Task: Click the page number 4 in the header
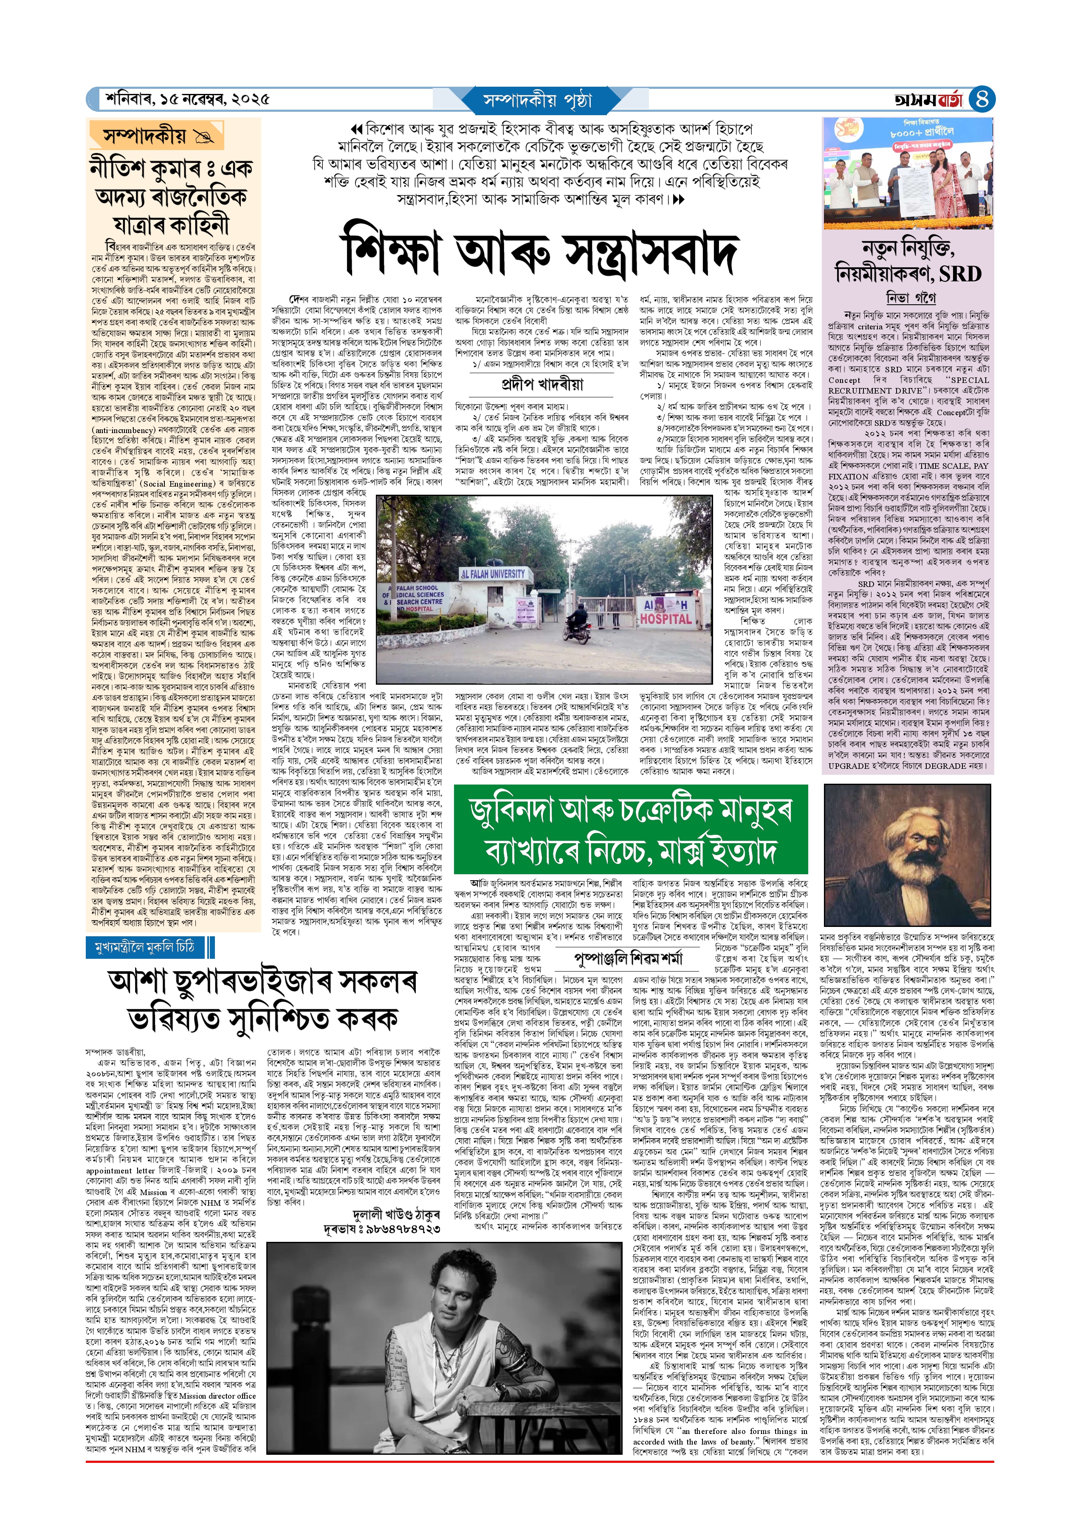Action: click(981, 99)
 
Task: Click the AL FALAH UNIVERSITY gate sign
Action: click(494, 574)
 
